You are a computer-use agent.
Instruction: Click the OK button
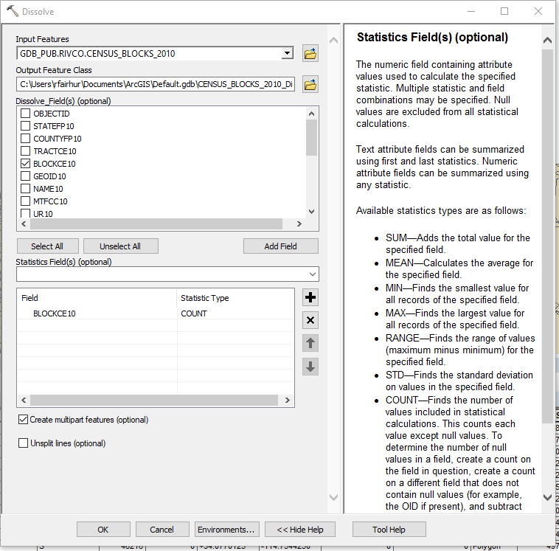(103, 530)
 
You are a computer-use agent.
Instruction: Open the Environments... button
(226, 530)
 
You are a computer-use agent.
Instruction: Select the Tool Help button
(389, 530)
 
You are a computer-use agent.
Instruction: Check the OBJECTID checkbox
(26, 114)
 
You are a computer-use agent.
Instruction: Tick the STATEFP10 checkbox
(26, 126)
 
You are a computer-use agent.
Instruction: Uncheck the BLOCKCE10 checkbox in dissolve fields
(26, 164)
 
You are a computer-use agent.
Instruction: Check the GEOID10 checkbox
(26, 176)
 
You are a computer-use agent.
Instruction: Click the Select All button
(47, 246)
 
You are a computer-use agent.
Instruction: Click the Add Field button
(280, 246)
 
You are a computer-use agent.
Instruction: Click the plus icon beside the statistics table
(310, 298)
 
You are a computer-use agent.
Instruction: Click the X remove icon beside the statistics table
(310, 320)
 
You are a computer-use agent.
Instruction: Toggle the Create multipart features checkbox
(24, 420)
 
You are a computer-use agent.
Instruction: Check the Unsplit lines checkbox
(24, 443)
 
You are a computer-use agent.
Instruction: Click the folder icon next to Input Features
(310, 54)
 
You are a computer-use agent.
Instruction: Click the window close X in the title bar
(538, 12)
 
